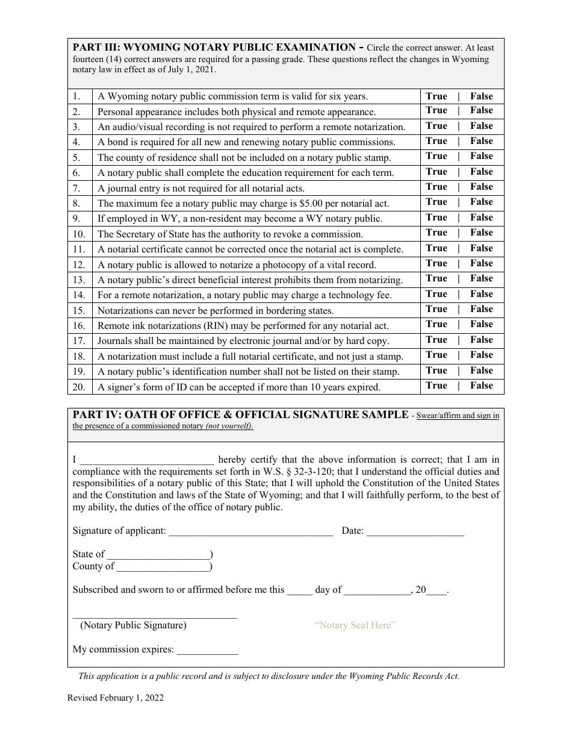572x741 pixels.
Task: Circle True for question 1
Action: [436, 96]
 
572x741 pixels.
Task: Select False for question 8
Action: [481, 202]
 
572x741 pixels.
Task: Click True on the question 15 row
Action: [436, 309]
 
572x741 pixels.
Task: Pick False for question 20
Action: [481, 386]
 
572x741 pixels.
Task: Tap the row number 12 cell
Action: [79, 264]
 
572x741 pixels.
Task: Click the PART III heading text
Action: [214, 48]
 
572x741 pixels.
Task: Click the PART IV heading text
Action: [240, 414]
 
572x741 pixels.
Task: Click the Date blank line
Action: [415, 531]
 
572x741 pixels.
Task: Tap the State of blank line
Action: [158, 554]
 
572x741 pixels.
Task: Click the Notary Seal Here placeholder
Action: [355, 625]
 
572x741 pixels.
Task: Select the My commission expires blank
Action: [207, 650]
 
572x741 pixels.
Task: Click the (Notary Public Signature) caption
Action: [133, 625]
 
